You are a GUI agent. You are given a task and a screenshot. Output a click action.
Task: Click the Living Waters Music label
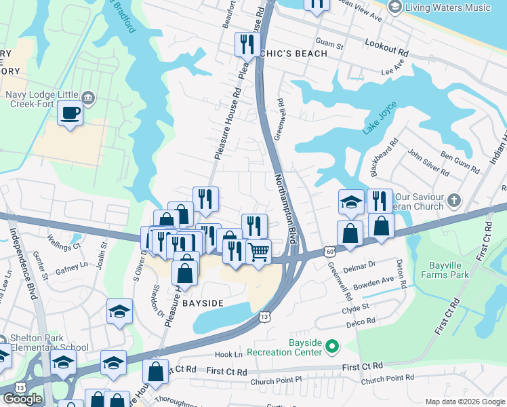point(449,7)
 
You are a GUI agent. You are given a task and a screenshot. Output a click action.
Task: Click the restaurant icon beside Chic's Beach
point(244,45)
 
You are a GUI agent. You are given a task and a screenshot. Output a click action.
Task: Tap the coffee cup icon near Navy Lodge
point(70,113)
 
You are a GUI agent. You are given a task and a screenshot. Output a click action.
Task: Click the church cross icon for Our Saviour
point(454,201)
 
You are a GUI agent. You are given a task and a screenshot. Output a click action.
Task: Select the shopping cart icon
point(258,252)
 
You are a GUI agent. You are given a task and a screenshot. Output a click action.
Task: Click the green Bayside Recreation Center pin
point(331,347)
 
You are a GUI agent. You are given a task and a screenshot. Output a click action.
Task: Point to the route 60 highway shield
point(329,250)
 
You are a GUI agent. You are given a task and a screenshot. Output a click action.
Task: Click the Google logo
point(22,398)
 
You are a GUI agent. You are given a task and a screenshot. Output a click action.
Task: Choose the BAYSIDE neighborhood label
point(203,303)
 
